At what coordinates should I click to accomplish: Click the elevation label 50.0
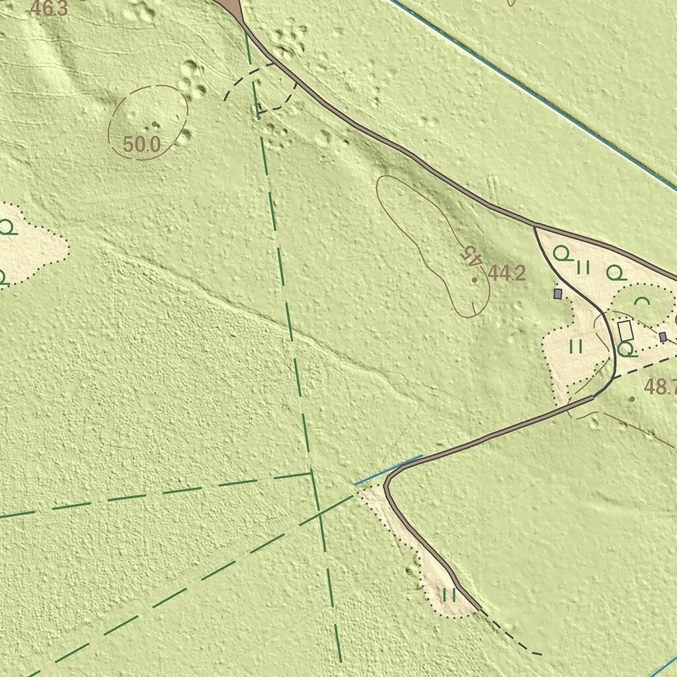(x=141, y=144)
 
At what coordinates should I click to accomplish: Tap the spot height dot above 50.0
(x=155, y=124)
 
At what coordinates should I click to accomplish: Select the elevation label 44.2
(x=507, y=273)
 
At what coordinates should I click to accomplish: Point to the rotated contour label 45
(x=471, y=255)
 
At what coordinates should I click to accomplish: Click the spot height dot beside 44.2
(x=475, y=280)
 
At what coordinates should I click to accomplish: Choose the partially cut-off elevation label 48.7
(x=660, y=387)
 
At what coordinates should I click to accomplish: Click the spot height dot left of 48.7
(x=632, y=399)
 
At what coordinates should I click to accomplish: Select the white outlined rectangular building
(x=625, y=331)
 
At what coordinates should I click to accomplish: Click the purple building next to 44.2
(x=558, y=293)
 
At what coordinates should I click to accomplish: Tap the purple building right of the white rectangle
(x=662, y=337)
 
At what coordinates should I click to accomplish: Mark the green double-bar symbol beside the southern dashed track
(x=450, y=594)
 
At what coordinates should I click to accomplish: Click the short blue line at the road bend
(x=389, y=470)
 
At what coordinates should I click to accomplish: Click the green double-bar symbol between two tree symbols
(x=582, y=267)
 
